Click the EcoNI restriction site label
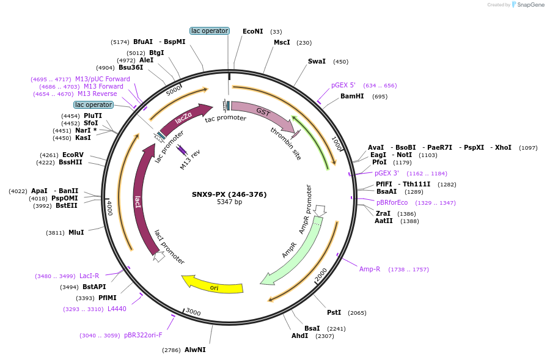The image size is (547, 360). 252,31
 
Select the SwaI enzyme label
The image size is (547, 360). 317,61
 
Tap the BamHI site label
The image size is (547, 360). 352,96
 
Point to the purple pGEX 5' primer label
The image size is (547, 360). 343,86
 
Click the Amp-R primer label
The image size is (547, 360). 370,269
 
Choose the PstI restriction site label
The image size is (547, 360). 334,312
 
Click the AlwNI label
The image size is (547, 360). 195,350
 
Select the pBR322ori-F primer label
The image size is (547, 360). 143,335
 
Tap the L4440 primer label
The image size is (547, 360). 117,309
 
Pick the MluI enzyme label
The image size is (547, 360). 76,232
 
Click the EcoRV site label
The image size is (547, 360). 73,155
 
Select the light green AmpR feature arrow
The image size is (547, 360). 292,251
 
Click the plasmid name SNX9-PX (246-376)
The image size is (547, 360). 229,194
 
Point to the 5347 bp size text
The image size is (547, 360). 229,202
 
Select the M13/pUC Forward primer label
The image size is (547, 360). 102,79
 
